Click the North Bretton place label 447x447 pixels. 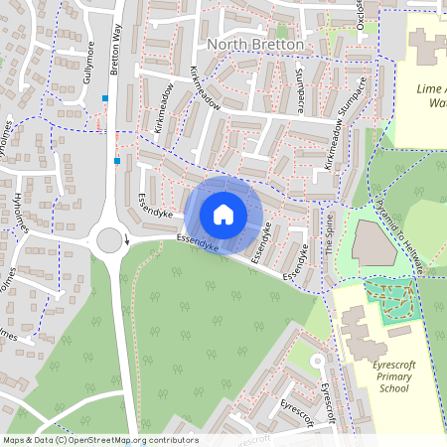click(257, 45)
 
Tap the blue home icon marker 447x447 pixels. click(223, 215)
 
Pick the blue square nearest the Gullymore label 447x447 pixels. click(104, 97)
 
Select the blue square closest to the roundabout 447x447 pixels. click(117, 160)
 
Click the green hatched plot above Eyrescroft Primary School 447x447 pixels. click(393, 298)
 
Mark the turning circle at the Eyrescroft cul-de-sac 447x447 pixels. click(315, 361)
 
